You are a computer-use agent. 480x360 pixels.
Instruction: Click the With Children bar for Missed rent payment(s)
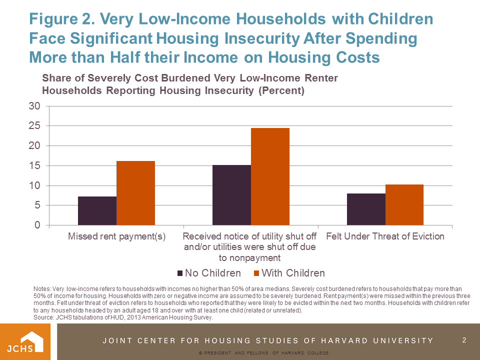tap(135, 193)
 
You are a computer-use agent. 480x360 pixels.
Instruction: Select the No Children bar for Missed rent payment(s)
tap(97, 211)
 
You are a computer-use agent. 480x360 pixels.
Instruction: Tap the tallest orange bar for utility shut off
tap(270, 176)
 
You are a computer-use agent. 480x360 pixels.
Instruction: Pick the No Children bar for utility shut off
tap(231, 195)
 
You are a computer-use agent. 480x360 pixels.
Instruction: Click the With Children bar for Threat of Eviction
tap(404, 205)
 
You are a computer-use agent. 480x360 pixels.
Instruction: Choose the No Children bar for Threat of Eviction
tap(366, 209)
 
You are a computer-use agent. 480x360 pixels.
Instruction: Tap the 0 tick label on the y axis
tap(36, 225)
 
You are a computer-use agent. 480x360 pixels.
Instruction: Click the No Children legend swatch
tap(180, 273)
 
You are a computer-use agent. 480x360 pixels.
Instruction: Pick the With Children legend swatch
tap(256, 273)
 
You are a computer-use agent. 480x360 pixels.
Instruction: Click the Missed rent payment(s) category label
tap(116, 236)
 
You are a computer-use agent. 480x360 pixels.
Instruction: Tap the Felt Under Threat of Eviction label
tap(385, 236)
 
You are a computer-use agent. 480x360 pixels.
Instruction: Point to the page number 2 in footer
tap(464, 340)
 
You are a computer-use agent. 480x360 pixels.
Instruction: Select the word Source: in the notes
tap(44, 317)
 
